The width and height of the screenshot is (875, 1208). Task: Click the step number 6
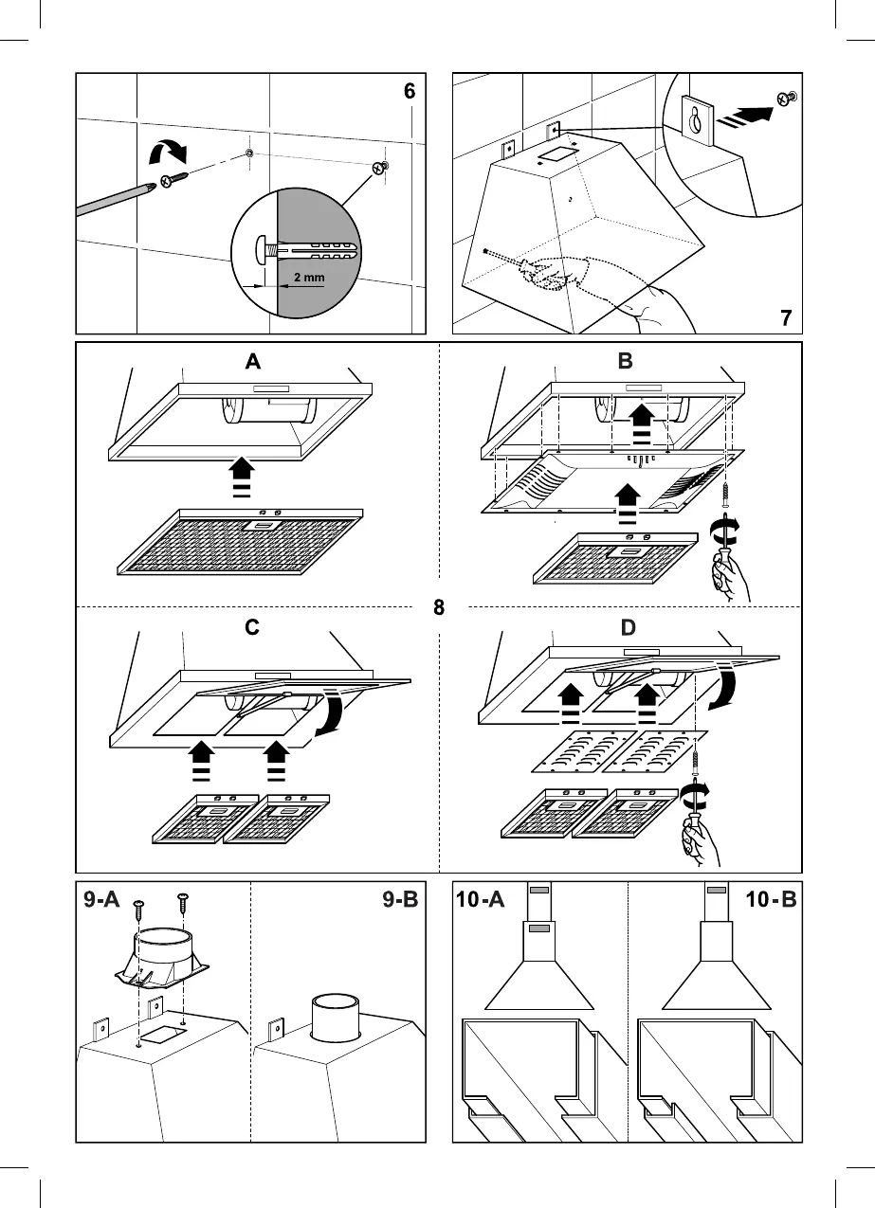point(409,92)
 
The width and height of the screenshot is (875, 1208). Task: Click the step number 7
point(786,318)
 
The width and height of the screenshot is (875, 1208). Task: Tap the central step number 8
point(439,607)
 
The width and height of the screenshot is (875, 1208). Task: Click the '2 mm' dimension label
point(309,278)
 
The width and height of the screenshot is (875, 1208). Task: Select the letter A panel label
point(252,361)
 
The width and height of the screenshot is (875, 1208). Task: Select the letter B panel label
point(626,361)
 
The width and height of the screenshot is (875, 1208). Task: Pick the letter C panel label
point(252,629)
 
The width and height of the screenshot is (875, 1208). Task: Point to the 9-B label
point(400,899)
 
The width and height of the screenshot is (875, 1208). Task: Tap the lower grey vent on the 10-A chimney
point(538,929)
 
